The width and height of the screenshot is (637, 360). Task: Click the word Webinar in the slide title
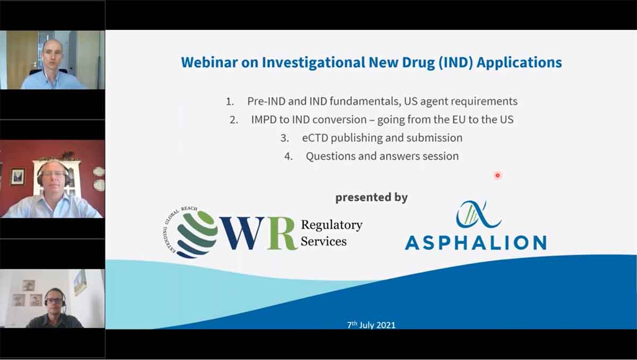[209, 62]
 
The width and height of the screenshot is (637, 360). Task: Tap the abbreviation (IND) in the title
[455, 63]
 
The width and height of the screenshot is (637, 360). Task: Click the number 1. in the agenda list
[230, 101]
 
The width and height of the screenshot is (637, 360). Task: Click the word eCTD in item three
[315, 138]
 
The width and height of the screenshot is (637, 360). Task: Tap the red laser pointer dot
[498, 175]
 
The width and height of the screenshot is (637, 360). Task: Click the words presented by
[372, 198]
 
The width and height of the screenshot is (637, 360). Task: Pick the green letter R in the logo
[282, 234]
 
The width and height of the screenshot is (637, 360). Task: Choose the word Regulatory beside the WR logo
[332, 225]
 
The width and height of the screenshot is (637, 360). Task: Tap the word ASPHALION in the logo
[476, 243]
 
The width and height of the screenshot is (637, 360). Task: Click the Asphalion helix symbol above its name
[478, 214]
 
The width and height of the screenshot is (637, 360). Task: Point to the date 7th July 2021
[371, 325]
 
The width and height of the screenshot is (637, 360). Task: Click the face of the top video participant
[52, 55]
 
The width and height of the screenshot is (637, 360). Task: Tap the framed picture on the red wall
[18, 177]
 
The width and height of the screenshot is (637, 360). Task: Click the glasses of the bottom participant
[54, 301]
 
